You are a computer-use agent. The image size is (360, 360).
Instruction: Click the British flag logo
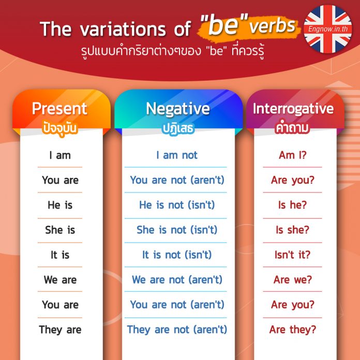coord(327,29)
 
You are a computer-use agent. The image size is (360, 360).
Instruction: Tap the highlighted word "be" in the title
coord(222,25)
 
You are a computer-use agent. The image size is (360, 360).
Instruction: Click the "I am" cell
coord(60,156)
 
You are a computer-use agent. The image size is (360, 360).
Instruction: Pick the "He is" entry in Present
coord(60,205)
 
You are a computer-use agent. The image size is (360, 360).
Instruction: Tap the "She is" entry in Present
coord(60,230)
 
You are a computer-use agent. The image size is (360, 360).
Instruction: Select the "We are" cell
coord(60,280)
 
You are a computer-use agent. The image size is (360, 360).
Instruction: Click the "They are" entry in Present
coord(60,329)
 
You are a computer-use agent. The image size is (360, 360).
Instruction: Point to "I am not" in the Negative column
coord(177,155)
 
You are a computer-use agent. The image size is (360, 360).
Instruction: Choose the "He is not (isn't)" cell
coord(177,205)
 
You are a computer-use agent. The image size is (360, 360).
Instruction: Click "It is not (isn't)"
coord(177,254)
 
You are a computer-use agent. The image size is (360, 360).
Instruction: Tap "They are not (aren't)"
coord(177,329)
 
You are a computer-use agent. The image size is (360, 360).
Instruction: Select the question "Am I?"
coord(293,155)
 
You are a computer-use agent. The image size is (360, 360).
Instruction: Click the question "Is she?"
coord(293,230)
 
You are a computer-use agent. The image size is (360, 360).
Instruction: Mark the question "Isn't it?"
coord(293,254)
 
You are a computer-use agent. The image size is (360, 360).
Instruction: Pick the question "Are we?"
coord(293,280)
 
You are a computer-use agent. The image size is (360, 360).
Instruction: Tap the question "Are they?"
coord(293,329)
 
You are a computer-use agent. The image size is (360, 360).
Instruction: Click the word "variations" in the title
coord(123,29)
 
